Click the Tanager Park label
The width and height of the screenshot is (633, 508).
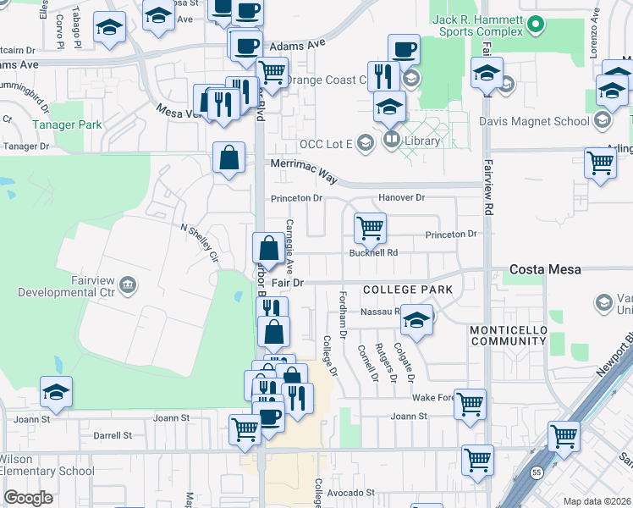coord(67,124)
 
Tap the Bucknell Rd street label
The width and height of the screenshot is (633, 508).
coord(373,252)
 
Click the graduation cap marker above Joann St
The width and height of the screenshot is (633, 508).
coord(56,391)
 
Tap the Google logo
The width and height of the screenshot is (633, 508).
coord(28,498)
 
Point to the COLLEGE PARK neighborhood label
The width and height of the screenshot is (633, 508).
coord(408,290)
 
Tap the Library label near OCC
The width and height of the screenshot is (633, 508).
coord(423,141)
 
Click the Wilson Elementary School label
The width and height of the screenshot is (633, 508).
coord(47,465)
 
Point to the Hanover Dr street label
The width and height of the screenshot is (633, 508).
coord(401,198)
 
